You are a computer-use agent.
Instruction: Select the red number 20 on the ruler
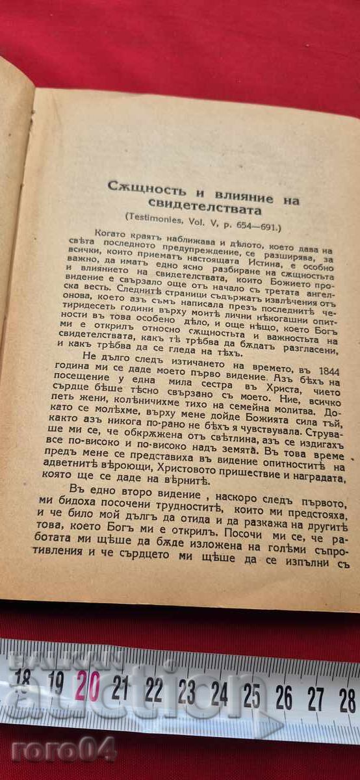tap(88, 685)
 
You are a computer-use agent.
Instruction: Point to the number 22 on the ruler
tap(153, 690)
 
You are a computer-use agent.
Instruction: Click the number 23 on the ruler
tap(186, 693)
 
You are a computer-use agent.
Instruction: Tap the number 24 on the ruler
tap(219, 695)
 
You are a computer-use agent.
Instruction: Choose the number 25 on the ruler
tap(251, 697)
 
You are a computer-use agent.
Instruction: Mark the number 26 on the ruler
tap(284, 699)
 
